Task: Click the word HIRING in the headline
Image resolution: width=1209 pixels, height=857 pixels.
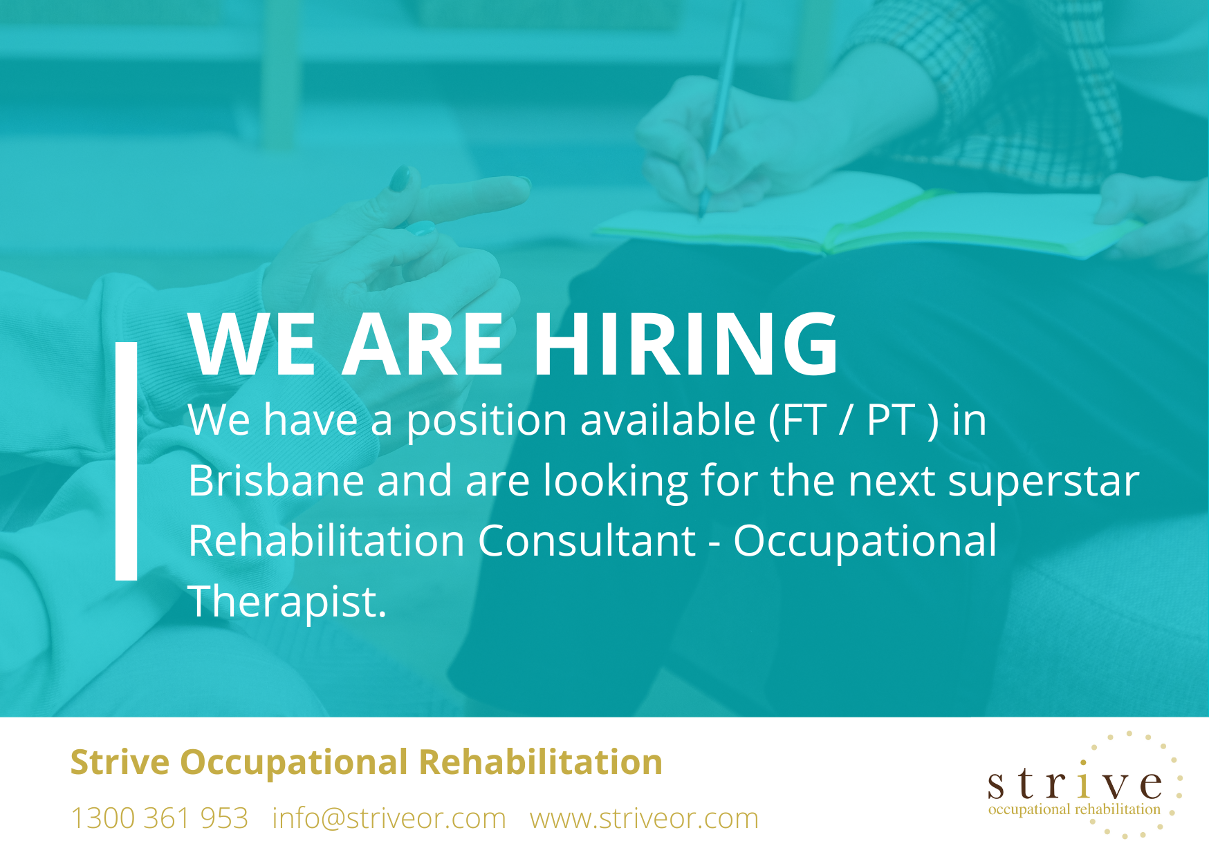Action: [x=685, y=343]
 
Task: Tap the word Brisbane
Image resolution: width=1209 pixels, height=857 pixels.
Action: [x=276, y=480]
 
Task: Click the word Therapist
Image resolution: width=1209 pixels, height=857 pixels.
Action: [x=287, y=602]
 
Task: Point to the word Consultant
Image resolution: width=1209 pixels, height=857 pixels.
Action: [x=587, y=540]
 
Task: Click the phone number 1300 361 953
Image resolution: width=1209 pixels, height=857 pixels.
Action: [x=159, y=818]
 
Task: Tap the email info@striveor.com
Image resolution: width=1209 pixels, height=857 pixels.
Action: [x=389, y=818]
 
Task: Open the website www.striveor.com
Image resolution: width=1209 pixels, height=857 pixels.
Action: [x=644, y=818]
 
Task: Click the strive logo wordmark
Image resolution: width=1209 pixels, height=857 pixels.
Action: [x=1075, y=784]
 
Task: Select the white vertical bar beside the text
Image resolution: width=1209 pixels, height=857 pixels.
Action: [x=126, y=461]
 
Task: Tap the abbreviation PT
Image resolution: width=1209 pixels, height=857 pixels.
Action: [x=890, y=420]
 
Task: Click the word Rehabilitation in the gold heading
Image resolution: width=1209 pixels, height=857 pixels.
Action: [x=540, y=762]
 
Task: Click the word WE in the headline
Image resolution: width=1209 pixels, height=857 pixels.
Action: [x=252, y=343]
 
